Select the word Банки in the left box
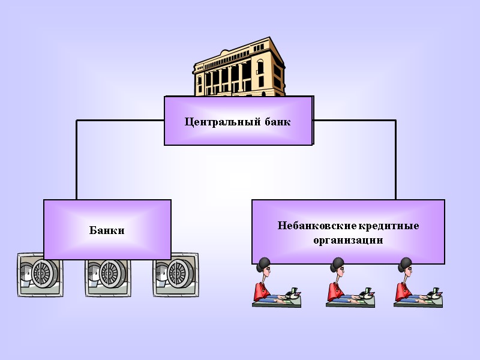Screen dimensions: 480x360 [107, 230]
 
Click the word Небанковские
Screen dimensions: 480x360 [316, 226]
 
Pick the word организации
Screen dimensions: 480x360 [348, 241]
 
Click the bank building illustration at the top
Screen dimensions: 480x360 [240, 69]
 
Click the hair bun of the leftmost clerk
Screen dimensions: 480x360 [264, 262]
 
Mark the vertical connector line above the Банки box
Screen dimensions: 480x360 [76, 159]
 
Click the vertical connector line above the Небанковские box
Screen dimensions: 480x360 [395, 159]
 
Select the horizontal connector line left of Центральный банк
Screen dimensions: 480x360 [120, 120]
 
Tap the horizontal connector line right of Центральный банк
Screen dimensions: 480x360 [354, 120]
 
